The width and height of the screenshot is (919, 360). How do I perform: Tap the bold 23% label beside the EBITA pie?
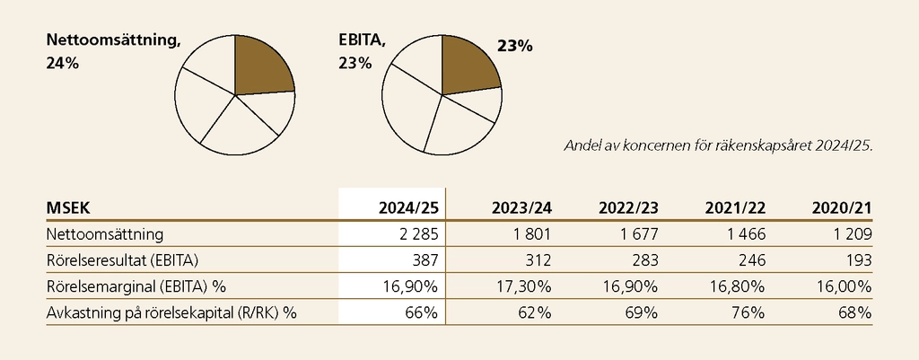pos(514,44)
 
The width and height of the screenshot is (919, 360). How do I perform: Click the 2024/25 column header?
pos(407,208)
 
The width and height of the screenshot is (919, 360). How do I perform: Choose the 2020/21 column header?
pos(842,208)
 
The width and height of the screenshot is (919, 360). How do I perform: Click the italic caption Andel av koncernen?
pos(716,145)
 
